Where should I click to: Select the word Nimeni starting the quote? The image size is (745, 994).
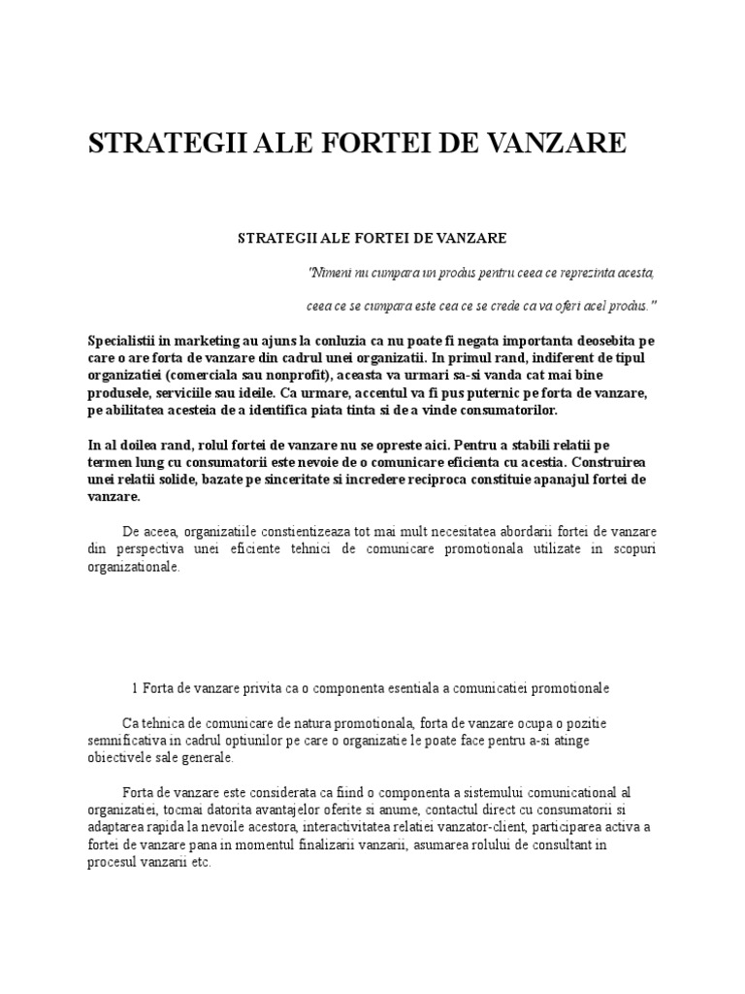point(329,271)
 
